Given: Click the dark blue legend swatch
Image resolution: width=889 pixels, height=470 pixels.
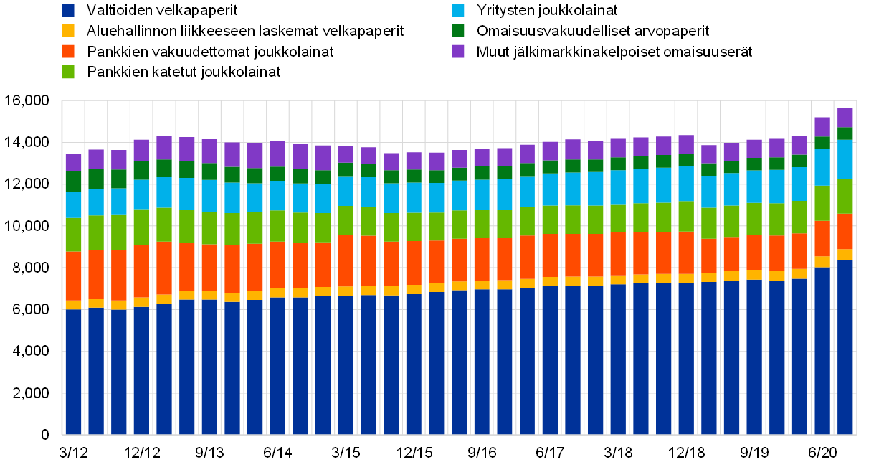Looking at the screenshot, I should click(x=68, y=10).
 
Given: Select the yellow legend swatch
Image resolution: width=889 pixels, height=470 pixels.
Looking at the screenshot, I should click(x=68, y=31).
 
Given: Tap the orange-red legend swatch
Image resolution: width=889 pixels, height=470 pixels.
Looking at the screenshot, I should click(x=68, y=51).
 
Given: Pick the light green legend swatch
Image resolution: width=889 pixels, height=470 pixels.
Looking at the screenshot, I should click(x=68, y=72).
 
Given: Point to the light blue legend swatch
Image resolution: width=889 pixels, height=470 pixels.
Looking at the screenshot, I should click(x=458, y=10).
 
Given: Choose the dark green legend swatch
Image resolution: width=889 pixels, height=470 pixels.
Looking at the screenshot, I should click(x=458, y=31).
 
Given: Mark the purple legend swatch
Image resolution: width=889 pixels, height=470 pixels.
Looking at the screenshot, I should click(x=458, y=51).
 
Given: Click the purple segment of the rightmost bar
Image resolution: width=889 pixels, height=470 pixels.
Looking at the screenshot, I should click(x=845, y=118).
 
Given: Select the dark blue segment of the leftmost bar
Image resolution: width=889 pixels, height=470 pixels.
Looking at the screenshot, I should click(x=74, y=372).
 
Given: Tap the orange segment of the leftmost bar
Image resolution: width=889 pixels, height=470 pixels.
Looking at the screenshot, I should click(x=74, y=276).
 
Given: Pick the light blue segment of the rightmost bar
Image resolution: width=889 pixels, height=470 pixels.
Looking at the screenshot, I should click(x=845, y=159).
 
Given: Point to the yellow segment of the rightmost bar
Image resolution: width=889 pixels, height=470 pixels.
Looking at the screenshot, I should click(x=845, y=255).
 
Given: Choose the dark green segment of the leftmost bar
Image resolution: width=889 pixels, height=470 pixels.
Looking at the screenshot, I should click(x=74, y=182).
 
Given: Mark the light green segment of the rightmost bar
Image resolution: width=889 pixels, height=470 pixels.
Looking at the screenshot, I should click(x=845, y=196).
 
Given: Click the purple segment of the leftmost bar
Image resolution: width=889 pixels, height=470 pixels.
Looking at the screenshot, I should click(x=74, y=162).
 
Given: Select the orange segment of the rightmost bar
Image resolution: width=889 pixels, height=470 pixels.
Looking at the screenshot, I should click(x=845, y=231).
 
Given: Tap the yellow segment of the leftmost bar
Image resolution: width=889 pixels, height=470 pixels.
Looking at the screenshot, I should click(x=74, y=305).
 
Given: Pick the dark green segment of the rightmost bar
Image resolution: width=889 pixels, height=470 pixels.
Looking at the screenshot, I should click(x=845, y=133).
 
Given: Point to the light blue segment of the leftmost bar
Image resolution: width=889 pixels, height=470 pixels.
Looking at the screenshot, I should click(x=74, y=205).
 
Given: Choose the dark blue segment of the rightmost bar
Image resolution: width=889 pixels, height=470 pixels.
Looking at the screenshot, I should click(x=845, y=347).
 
